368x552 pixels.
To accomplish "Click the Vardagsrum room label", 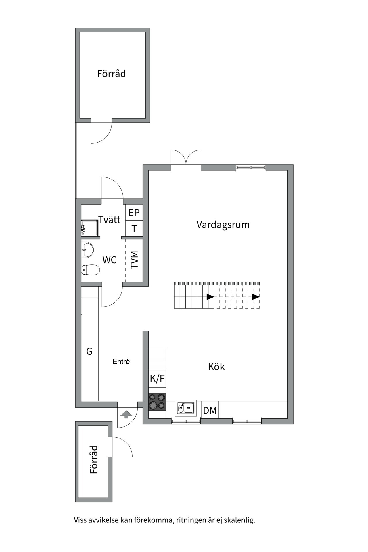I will (223, 225).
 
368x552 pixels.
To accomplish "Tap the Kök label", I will (216, 367).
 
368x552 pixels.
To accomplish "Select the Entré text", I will (121, 362).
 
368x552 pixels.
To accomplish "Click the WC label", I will (109, 260).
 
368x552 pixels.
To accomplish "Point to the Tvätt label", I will (110, 220).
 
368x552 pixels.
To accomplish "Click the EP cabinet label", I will (134, 213).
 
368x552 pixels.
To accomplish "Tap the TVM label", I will (134, 260).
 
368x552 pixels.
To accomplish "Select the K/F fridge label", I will (157, 378).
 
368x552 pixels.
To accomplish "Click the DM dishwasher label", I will (210, 410).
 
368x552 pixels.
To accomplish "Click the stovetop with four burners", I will (157, 402).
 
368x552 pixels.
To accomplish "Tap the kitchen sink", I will (186, 407).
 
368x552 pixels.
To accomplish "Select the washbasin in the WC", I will (87, 249).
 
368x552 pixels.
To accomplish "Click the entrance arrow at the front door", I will (126, 415).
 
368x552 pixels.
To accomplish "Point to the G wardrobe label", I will (89, 351).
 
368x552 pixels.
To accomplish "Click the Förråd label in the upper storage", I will (112, 74).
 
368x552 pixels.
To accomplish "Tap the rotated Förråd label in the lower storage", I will (94, 459).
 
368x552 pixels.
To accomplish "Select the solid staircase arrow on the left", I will (210, 297).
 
